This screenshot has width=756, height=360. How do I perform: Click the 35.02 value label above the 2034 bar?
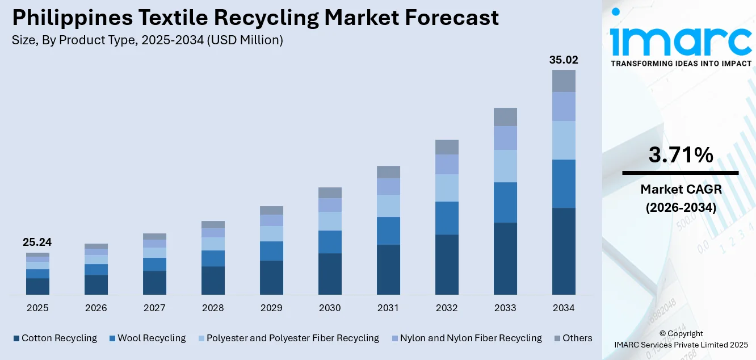(564, 60)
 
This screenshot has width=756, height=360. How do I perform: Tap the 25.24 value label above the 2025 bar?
(37, 242)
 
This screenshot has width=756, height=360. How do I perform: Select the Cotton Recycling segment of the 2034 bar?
(564, 251)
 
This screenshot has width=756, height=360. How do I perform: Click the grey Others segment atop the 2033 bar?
(505, 117)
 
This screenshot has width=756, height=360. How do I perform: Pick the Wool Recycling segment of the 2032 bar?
(447, 218)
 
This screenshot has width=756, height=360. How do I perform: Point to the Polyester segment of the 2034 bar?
(564, 140)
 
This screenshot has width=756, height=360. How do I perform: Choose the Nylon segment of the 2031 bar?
(388, 186)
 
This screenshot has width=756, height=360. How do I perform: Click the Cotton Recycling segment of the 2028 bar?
(213, 281)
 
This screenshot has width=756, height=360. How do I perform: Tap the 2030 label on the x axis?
(330, 308)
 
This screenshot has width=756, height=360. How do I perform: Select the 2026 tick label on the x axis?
(96, 308)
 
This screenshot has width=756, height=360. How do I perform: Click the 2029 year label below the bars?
(271, 308)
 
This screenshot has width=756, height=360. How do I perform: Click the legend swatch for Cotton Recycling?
(16, 338)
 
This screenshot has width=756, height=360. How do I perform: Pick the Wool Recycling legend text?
(152, 338)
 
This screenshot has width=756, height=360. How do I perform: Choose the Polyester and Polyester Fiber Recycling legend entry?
(292, 338)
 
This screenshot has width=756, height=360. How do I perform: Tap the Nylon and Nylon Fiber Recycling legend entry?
(471, 338)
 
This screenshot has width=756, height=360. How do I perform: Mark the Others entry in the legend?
(577, 338)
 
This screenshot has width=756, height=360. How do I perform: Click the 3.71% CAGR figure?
(680, 154)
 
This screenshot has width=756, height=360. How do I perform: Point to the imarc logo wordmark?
(681, 40)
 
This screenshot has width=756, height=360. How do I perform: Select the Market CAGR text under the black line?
(681, 189)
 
